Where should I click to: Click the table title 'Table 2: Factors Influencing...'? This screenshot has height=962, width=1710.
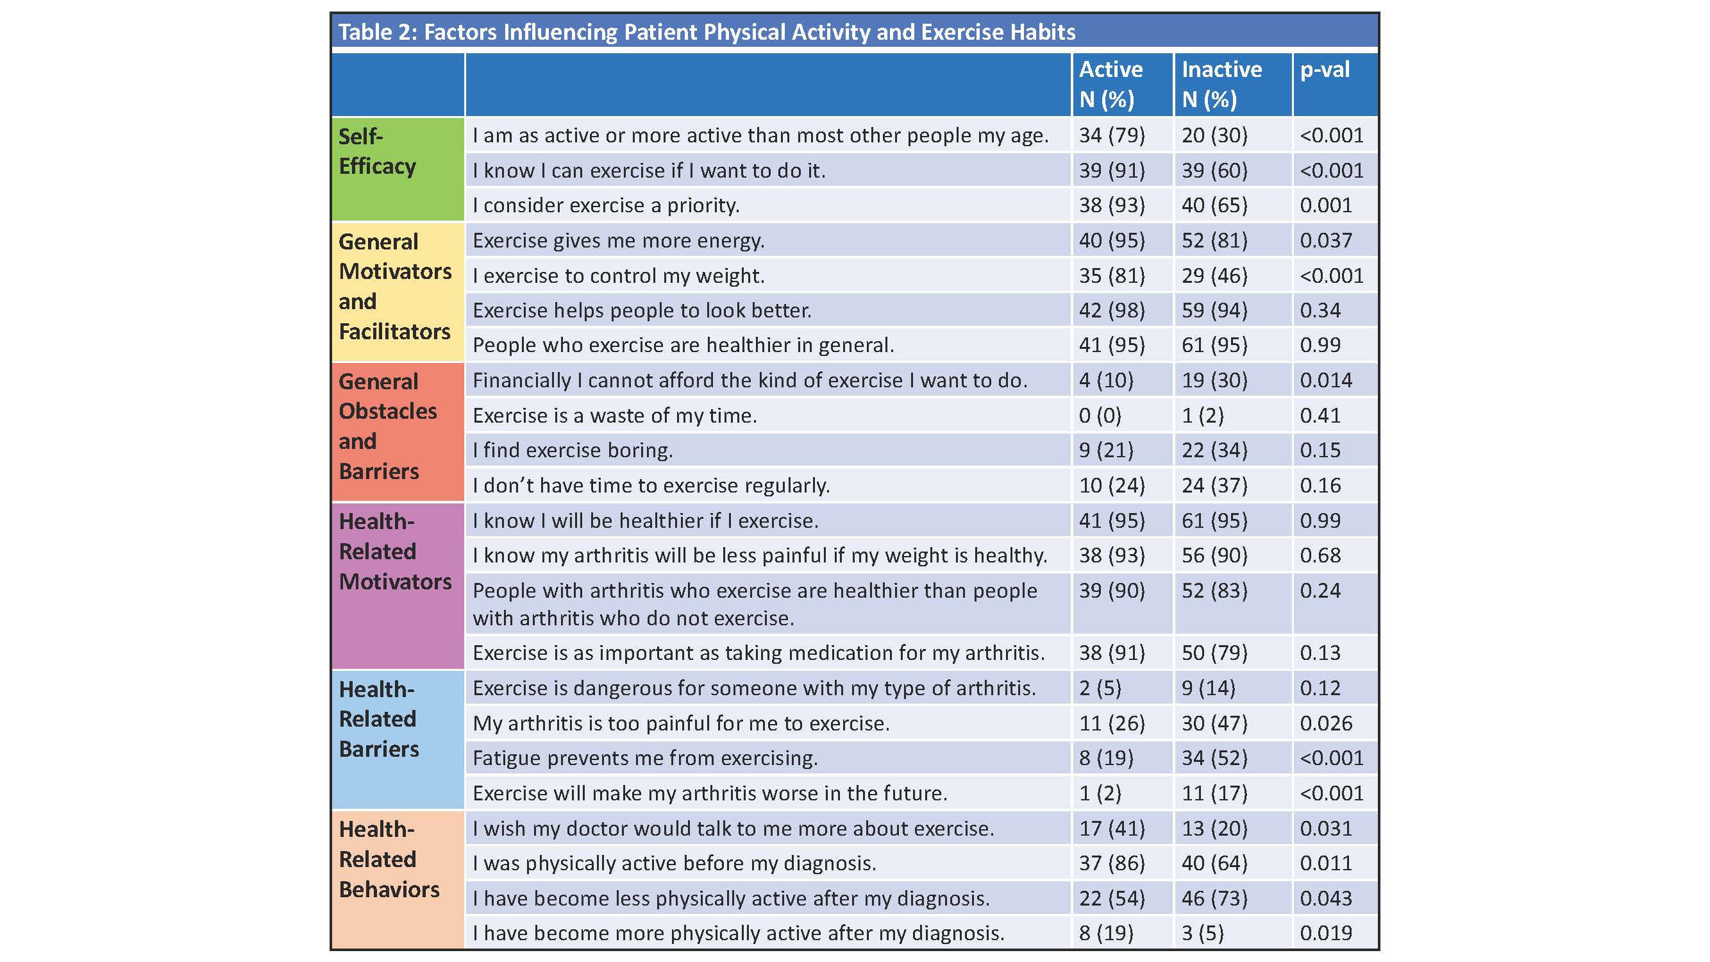pos(707,32)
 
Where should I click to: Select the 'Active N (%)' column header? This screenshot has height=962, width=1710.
pos(1111,83)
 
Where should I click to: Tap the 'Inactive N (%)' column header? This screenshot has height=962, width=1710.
pos(1221,83)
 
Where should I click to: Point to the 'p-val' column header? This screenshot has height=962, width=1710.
pos(1324,70)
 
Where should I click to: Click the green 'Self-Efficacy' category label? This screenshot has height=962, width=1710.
pos(377,151)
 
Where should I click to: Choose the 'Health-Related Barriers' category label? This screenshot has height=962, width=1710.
pos(378,719)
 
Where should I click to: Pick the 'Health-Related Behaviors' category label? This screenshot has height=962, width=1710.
pos(389,859)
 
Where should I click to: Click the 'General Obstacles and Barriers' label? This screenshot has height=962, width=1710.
pos(387,426)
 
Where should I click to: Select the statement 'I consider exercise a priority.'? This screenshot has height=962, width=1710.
pos(605,206)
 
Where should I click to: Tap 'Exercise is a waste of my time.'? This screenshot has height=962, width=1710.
pos(614,416)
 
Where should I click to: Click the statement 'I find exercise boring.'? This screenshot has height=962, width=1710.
pos(572,451)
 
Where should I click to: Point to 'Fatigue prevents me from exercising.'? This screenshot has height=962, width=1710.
pos(644,758)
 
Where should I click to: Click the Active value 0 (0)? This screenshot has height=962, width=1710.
pos(1099,416)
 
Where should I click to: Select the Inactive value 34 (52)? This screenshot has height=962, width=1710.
pos(1214,758)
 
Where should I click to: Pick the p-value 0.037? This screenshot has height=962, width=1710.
pos(1326,240)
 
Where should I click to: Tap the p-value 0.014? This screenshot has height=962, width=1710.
pos(1326,380)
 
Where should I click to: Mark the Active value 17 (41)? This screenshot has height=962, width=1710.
pos(1111,829)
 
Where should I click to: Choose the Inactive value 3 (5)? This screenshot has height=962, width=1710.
pos(1202,933)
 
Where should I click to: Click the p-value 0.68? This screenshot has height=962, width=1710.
pos(1320,555)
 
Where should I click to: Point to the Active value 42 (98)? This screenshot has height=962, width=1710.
pos(1111,310)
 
